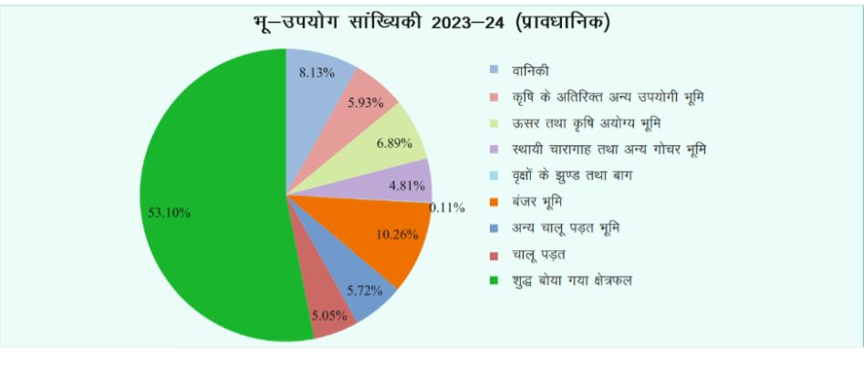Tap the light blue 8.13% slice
pyautogui.click(x=315, y=87)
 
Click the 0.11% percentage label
pyautogui.click(x=448, y=207)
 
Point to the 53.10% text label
pyautogui.click(x=169, y=212)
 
